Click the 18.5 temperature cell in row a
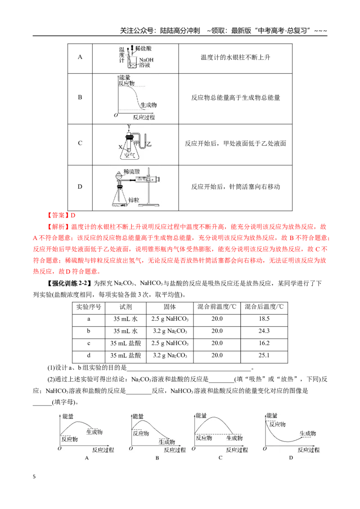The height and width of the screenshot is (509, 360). click(264, 319)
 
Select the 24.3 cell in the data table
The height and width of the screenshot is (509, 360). click(264, 331)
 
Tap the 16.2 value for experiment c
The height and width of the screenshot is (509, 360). click(264, 343)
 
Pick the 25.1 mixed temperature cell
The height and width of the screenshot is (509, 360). click(264, 355)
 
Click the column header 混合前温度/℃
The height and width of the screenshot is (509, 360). click(217, 307)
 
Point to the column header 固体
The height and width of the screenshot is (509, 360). click(170, 307)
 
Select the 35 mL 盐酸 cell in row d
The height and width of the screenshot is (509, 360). click(126, 356)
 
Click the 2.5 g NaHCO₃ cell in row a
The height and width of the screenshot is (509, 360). click(170, 319)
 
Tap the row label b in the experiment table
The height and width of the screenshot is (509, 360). click(88, 331)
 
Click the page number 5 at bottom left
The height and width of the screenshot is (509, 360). click(34, 477)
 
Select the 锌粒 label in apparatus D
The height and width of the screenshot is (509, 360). click(134, 200)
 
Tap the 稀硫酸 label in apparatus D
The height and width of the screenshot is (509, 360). click(131, 171)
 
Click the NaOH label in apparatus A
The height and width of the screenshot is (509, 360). click(146, 60)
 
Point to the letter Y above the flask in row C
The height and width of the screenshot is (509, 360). click(129, 127)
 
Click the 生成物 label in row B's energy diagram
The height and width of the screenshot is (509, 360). click(148, 105)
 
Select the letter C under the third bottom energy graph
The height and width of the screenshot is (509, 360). click(220, 458)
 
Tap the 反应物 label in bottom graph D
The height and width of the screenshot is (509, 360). click(277, 424)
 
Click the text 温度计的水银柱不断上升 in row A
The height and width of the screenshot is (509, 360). click(235, 58)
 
